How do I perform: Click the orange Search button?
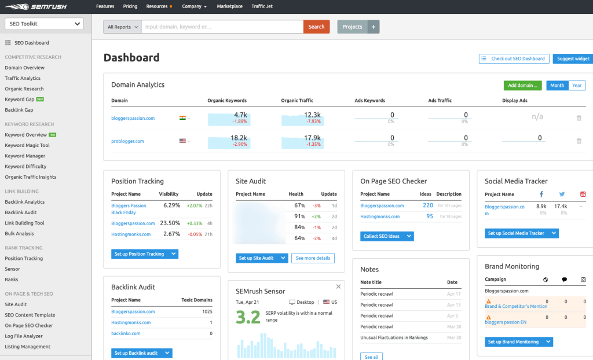[x=316, y=27]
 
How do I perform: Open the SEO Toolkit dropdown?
[x=44, y=24]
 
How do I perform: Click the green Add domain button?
[x=522, y=86]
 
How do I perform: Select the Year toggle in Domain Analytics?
[x=577, y=86]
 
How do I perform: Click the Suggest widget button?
[x=573, y=58]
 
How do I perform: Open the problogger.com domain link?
[x=127, y=141]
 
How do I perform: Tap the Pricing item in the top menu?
[x=130, y=6]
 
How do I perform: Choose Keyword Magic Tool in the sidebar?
[x=27, y=145]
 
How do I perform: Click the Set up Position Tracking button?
[x=144, y=254]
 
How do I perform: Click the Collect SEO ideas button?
[x=387, y=236]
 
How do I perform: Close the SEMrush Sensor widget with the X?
[x=339, y=286]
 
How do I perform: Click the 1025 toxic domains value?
[x=207, y=311]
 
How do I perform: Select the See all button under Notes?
[x=371, y=357]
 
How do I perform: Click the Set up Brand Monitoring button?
[x=518, y=342]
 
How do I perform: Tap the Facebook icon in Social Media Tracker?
[x=541, y=194]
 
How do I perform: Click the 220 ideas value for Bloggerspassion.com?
[x=428, y=205]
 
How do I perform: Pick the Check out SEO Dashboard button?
[x=514, y=58]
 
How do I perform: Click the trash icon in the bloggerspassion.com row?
[x=579, y=118]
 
